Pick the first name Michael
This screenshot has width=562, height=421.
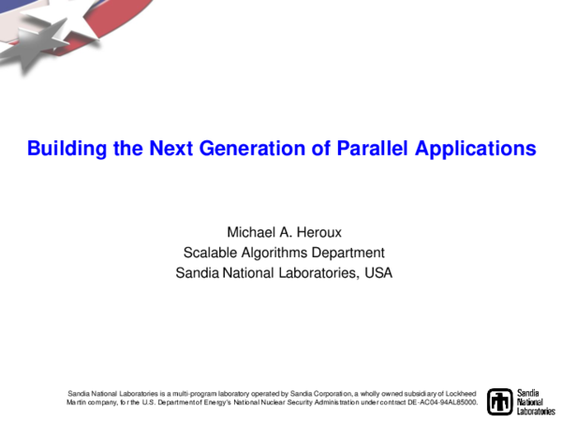[252, 231]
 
